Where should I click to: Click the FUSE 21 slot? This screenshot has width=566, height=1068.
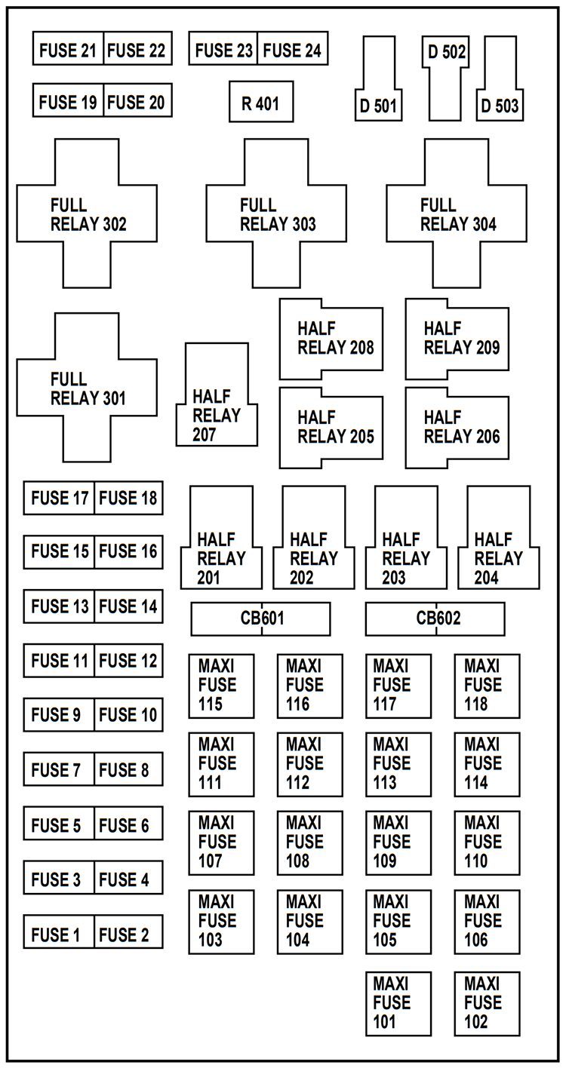[x=68, y=50]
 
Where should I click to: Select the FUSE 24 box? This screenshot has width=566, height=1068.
[x=292, y=50]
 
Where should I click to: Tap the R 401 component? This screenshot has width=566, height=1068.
[x=261, y=103]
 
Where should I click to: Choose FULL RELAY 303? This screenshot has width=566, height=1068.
[x=277, y=213]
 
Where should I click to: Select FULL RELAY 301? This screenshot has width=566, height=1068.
[x=88, y=387]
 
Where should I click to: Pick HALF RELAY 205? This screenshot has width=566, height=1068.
[x=331, y=428]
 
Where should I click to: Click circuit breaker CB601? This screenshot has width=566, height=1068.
[x=260, y=619]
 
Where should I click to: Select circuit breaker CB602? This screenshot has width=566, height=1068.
[x=435, y=619]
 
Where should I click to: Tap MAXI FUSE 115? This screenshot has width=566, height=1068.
[x=221, y=686]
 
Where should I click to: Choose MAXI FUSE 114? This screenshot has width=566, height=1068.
[x=487, y=763]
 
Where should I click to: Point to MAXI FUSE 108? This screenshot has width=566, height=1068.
[x=309, y=842]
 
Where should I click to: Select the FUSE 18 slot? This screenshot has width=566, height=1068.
[x=128, y=499]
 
